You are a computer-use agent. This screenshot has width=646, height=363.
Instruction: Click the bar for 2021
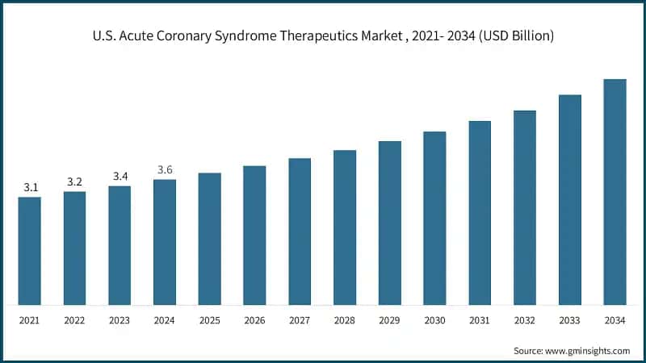click(30, 251)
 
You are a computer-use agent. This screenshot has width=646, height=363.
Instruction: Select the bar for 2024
click(165, 242)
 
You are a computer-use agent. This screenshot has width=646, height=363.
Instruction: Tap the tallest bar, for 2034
click(615, 192)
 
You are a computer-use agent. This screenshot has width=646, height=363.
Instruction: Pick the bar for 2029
click(390, 223)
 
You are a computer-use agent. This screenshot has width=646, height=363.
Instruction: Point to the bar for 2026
click(254, 236)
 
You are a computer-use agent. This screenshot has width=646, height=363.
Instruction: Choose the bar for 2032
click(525, 207)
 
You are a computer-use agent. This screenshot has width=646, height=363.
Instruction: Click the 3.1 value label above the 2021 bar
click(31, 187)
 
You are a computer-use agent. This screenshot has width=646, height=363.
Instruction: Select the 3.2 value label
click(75, 181)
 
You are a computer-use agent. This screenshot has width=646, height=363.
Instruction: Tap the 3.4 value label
click(120, 176)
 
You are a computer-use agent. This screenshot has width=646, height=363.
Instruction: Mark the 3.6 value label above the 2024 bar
click(165, 169)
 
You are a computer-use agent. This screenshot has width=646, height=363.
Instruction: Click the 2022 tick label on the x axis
click(75, 320)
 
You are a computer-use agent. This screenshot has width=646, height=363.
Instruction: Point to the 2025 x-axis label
click(210, 320)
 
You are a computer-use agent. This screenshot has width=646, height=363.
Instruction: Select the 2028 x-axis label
click(345, 320)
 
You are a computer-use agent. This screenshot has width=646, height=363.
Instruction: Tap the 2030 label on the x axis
click(434, 320)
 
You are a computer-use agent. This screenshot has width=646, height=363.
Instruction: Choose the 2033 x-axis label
click(570, 320)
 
